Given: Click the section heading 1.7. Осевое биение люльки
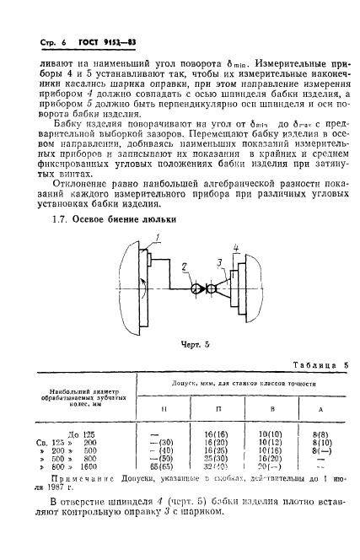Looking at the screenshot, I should coord(110,219).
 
